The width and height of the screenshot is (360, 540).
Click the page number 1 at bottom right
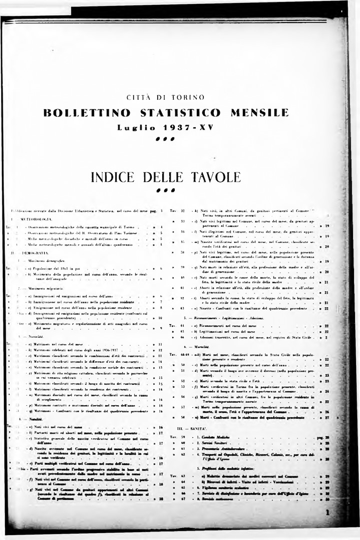click(x=327, y=512)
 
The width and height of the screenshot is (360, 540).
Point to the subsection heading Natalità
click(x=35, y=417)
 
